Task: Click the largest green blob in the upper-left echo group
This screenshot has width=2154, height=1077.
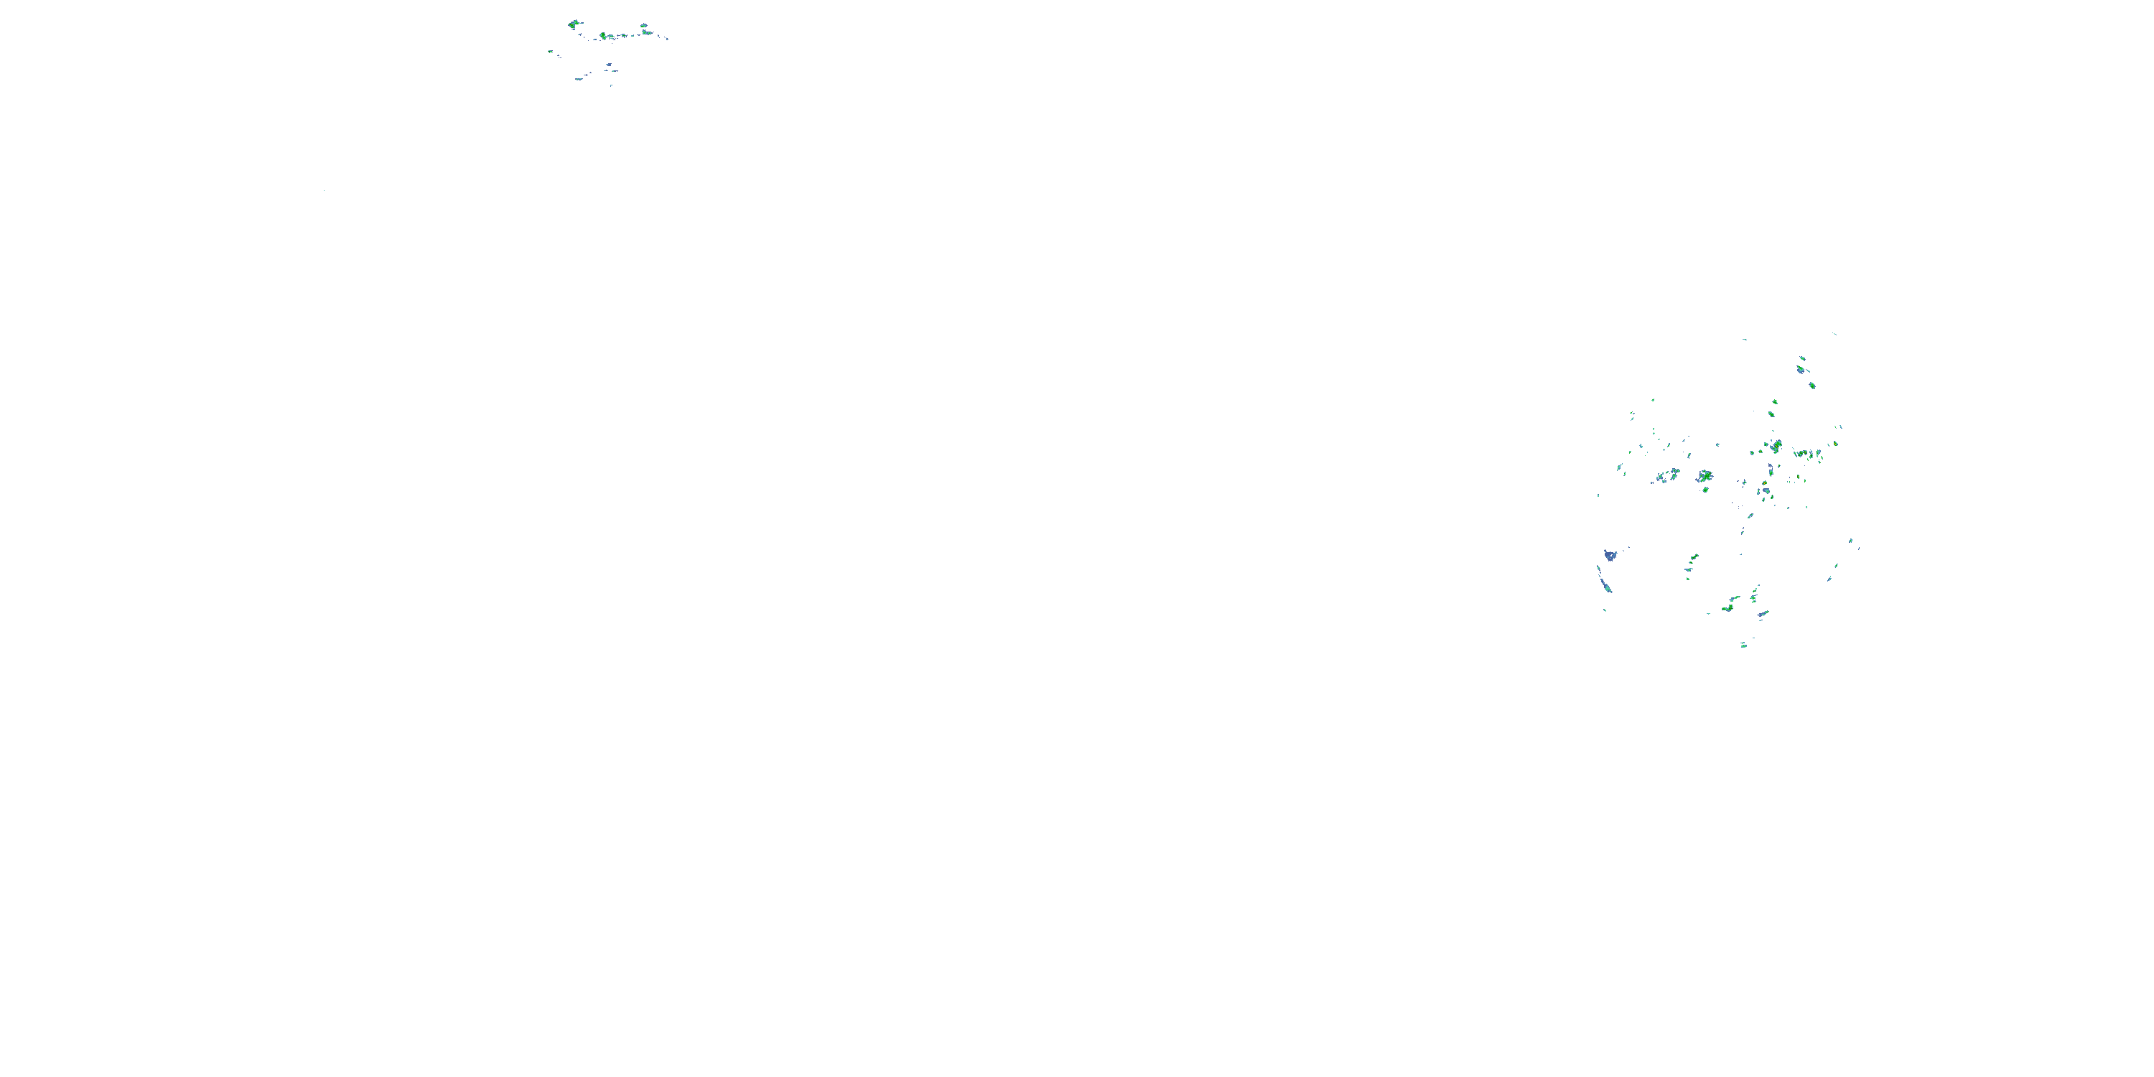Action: (x=573, y=24)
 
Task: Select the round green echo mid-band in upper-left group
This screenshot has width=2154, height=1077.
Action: (x=603, y=36)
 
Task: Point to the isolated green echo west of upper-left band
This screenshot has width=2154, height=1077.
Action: (x=550, y=51)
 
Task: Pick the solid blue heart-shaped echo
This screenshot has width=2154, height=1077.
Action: (x=1610, y=554)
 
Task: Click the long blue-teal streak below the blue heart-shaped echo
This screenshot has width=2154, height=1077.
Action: (x=1604, y=581)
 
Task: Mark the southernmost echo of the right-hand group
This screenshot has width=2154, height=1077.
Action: (x=1743, y=645)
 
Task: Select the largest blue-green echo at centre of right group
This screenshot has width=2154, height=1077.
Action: (x=1704, y=476)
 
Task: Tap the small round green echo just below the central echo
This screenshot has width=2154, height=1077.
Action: (x=1705, y=489)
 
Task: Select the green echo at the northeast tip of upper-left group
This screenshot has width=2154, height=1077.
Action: (x=644, y=26)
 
